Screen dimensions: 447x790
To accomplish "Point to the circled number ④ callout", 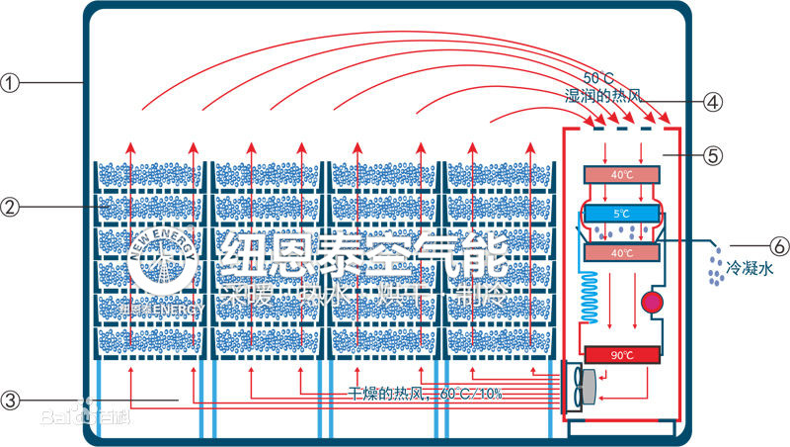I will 713,100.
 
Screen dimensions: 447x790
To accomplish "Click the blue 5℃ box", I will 619,213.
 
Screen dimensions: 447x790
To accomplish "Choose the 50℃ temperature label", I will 598,78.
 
